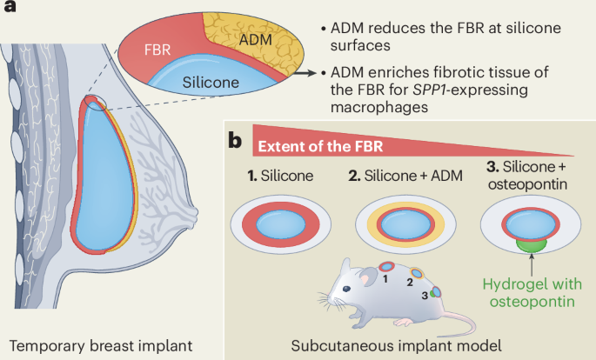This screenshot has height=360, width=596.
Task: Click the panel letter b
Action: click(235, 140)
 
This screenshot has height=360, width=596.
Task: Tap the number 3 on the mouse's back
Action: click(424, 295)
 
